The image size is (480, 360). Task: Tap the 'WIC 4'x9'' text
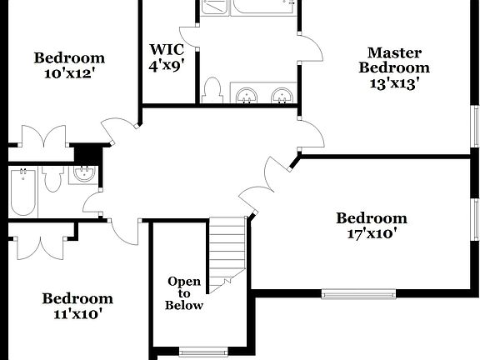[167, 55]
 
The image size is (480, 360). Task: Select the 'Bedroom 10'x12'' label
[69, 65]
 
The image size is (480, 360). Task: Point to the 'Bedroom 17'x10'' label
[371, 226]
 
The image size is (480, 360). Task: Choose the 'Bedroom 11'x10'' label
[77, 306]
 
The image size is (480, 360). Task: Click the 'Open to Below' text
[184, 293]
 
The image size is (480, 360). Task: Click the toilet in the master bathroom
[212, 89]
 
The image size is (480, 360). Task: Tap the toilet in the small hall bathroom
[52, 178]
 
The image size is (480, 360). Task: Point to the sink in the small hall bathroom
[82, 174]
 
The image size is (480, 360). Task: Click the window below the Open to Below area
[202, 351]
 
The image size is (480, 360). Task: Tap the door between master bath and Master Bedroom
[310, 48]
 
